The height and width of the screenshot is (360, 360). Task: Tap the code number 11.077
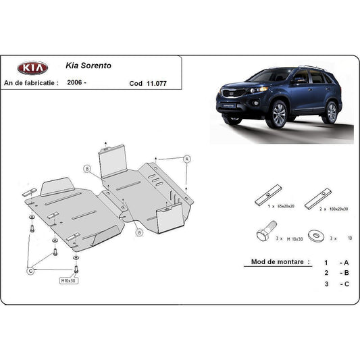point(156,84)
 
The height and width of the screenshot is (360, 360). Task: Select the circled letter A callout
point(186,158)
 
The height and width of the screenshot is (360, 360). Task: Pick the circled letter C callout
point(30,272)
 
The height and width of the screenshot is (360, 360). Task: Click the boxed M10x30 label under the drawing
point(68,280)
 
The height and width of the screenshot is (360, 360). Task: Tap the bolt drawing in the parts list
point(264,235)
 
